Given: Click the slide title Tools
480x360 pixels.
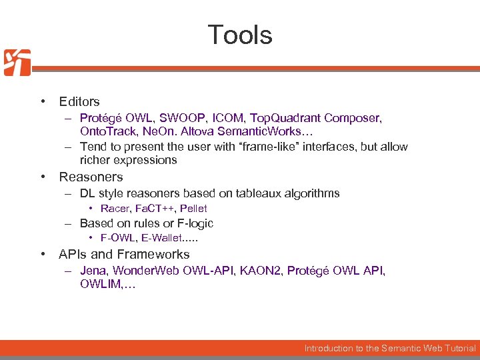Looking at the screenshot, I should pyautogui.click(x=240, y=35).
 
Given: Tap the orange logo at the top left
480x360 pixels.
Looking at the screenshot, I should pyautogui.click(x=17, y=63).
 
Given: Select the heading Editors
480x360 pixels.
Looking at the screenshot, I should pyautogui.click(x=79, y=102).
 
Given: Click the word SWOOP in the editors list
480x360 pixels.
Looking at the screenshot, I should pyautogui.click(x=178, y=118).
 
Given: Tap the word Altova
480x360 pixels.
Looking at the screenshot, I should pyautogui.click(x=203, y=132).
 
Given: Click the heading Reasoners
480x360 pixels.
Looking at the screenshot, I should pyautogui.click(x=91, y=177).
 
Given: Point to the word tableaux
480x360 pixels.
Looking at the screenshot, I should pyautogui.click(x=255, y=193).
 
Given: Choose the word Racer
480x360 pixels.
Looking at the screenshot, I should pyautogui.click(x=113, y=209).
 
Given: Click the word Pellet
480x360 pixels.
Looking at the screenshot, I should pyautogui.click(x=193, y=209).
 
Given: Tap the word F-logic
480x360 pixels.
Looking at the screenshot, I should pyautogui.click(x=192, y=223).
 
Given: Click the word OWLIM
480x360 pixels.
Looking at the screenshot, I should pyautogui.click(x=100, y=285).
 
